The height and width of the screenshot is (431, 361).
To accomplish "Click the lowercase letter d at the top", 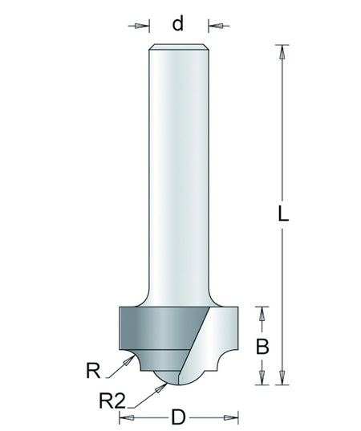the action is (178, 23).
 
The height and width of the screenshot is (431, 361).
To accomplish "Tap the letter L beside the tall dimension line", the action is (283, 213).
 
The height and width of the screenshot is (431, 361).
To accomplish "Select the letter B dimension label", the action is (262, 347).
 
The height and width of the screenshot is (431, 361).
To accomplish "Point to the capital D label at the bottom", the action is (179, 418).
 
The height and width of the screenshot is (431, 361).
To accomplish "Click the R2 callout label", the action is (112, 401).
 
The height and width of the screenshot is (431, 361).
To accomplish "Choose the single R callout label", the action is (93, 371).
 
